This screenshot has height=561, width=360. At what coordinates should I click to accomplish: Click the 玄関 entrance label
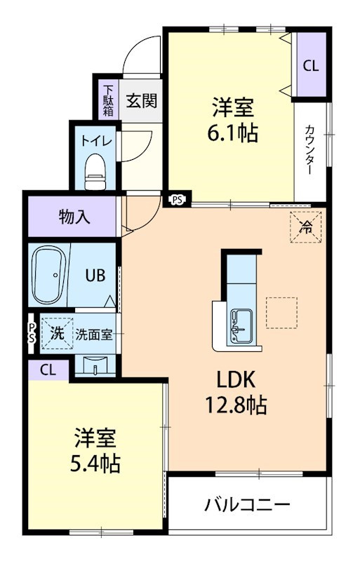(142, 100)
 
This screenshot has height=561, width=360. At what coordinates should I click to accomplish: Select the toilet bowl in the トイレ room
(95, 171)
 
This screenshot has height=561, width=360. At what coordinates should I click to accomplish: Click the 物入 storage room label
(74, 217)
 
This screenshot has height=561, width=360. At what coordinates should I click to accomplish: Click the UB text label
(95, 276)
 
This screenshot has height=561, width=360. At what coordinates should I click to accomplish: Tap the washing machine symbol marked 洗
(58, 333)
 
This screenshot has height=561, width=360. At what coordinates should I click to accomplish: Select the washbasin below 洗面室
(95, 365)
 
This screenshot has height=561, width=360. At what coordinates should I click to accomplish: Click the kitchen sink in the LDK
(241, 327)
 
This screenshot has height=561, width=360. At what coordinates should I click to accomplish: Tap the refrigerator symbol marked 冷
(306, 227)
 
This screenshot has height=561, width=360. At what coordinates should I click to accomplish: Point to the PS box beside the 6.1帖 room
(178, 200)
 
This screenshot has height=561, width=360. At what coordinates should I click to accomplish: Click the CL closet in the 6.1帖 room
(311, 65)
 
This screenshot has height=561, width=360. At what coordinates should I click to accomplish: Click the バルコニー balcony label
(247, 505)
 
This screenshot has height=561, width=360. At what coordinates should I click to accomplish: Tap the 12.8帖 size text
(236, 405)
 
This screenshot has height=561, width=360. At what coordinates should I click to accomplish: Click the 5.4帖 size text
(95, 464)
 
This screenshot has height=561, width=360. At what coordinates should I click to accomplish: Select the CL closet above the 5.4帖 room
(48, 370)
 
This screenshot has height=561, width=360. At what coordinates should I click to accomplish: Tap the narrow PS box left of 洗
(32, 334)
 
